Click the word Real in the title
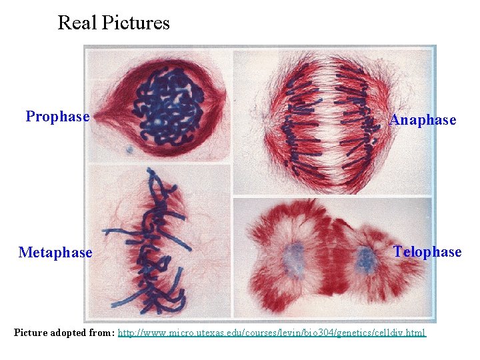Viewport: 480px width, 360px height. click(x=77, y=23)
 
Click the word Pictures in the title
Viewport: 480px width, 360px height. click(x=136, y=23)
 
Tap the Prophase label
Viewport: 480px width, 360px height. click(x=57, y=117)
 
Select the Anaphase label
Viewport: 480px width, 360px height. click(x=423, y=121)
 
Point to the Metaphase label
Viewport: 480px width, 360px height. click(x=55, y=253)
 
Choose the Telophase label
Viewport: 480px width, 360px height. click(x=427, y=252)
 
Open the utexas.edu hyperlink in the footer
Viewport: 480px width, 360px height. click(x=271, y=333)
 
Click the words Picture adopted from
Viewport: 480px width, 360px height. click(x=64, y=333)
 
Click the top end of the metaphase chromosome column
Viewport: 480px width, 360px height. click(x=151, y=175)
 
